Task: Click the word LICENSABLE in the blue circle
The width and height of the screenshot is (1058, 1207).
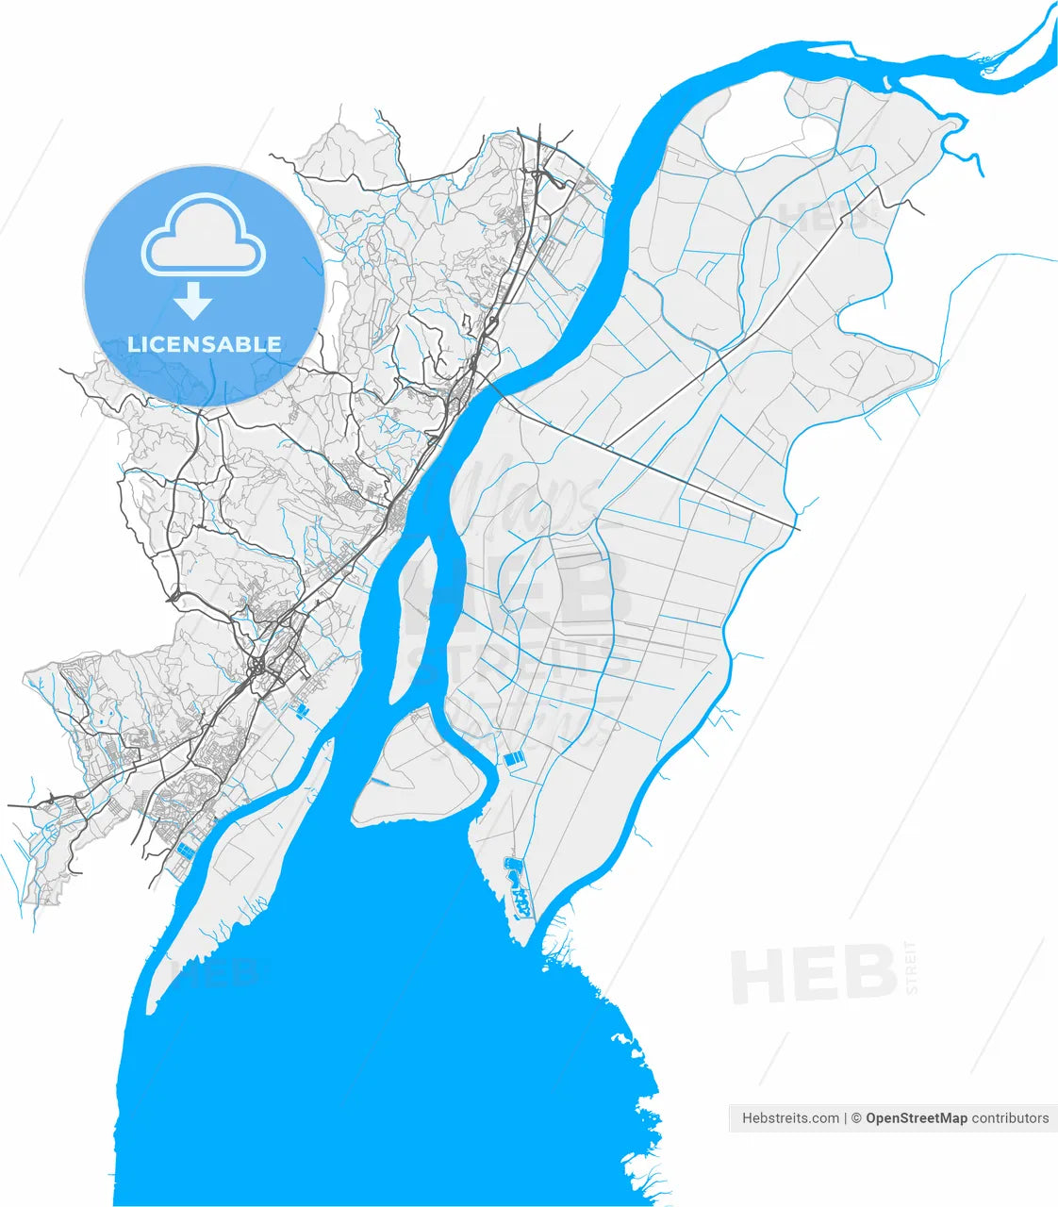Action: pos(205,344)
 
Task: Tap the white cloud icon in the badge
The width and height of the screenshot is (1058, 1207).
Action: pos(204,236)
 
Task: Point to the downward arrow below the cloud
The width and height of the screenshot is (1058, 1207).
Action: pos(193,301)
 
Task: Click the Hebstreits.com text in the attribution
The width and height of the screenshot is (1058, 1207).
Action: pos(790,1118)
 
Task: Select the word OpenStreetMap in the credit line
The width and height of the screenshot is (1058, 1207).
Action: pos(916,1118)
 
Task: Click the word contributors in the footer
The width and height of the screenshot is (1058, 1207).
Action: pos(1010,1118)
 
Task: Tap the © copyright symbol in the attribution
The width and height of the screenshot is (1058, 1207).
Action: pos(856,1118)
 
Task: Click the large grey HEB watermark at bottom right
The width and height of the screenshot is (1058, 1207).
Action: pos(813,975)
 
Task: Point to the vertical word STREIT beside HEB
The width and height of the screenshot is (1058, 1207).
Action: pos(910,967)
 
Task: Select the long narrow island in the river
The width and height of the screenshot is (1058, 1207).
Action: pos(421,613)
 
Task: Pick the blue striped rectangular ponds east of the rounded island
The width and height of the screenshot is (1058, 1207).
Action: pos(515,757)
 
